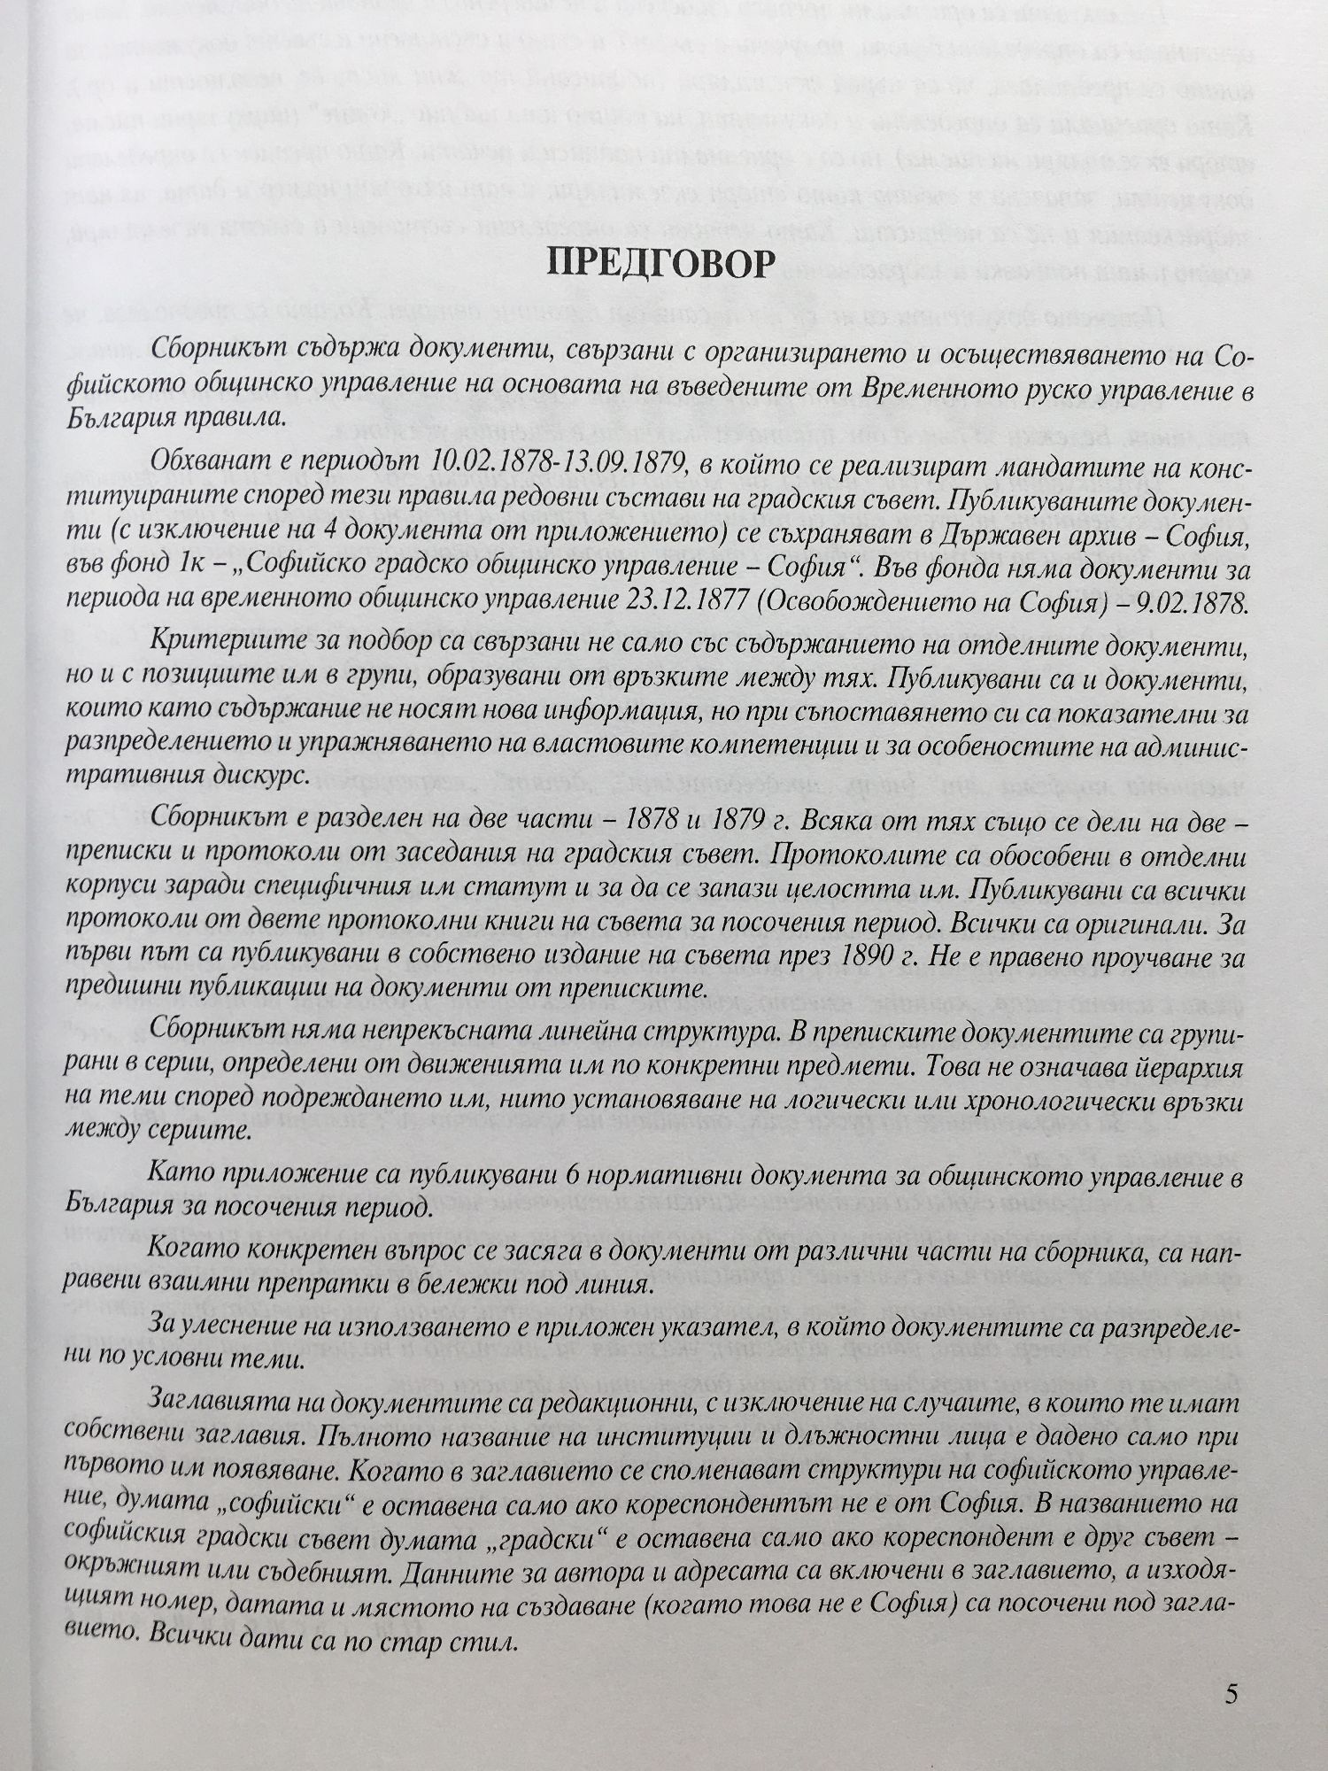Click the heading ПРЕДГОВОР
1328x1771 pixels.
(663, 263)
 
